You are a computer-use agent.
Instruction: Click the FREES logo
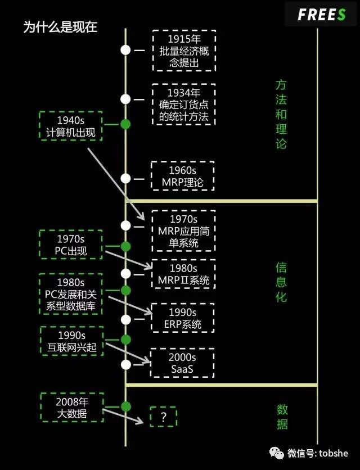pyautogui.click(x=321, y=15)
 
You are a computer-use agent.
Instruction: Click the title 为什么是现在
pyautogui.click(x=60, y=27)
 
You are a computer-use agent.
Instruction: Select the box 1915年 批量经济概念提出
pyautogui.click(x=184, y=51)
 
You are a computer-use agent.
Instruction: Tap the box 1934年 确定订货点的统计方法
pyautogui.click(x=184, y=104)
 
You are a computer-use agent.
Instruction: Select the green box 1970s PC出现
pyautogui.click(x=71, y=245)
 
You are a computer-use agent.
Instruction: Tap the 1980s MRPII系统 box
pyautogui.click(x=183, y=274)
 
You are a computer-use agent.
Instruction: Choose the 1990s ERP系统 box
pyautogui.click(x=183, y=318)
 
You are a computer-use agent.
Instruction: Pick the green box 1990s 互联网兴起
pyautogui.click(x=71, y=341)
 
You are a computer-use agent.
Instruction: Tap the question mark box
pyautogui.click(x=163, y=417)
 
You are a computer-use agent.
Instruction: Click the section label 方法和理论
pyautogui.click(x=281, y=114)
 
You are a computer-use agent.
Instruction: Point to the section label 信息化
pyautogui.click(x=281, y=282)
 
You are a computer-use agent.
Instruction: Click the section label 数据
pyautogui.click(x=282, y=417)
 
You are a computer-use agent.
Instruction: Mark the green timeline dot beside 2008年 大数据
pyautogui.click(x=125, y=406)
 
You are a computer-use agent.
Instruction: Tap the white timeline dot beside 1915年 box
pyautogui.click(x=125, y=49)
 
